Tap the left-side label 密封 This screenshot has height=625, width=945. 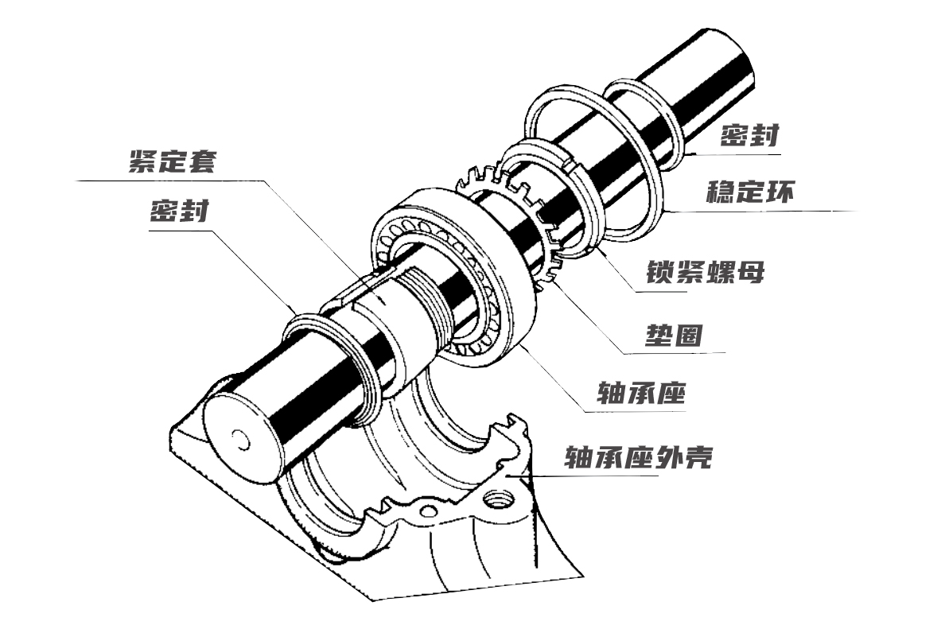pyautogui.click(x=179, y=212)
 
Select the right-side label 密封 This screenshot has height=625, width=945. pyautogui.click(x=749, y=136)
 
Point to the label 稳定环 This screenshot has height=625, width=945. pyautogui.click(x=749, y=192)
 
